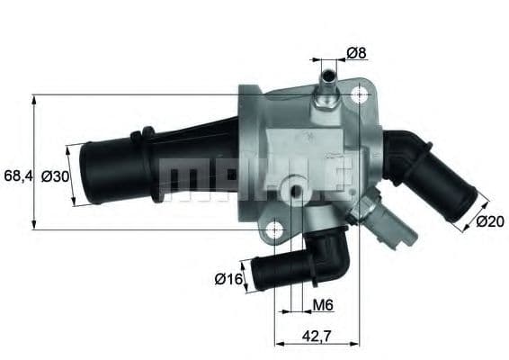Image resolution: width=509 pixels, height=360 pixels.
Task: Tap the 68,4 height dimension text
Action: click(17, 176)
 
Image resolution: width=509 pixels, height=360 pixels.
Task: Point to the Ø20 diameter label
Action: click(487, 220)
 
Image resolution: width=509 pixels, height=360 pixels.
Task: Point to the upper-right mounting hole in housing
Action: click(361, 94)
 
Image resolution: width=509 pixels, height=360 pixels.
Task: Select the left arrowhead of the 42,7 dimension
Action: click(278, 342)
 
